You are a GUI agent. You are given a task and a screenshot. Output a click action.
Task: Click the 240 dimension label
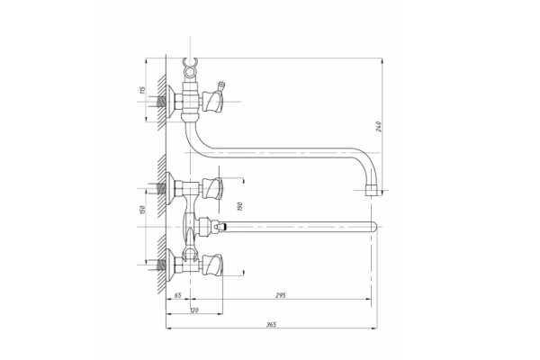coord(379,126)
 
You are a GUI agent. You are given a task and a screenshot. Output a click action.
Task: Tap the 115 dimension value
coord(143,90)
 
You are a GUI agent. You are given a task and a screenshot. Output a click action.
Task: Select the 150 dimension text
coord(143,210)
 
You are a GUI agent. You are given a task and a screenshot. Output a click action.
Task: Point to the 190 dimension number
coord(240,206)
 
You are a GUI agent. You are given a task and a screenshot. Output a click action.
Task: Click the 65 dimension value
coord(177,295)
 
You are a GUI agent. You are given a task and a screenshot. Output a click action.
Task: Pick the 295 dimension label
coord(281,295)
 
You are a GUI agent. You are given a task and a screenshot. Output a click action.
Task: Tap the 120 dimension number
coord(194,310)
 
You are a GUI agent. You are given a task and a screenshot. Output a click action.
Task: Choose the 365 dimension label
coord(272,324)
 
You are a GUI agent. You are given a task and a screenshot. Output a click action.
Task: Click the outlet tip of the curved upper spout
coord(372,191)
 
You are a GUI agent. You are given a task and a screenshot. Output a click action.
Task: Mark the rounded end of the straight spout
coord(374,227)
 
